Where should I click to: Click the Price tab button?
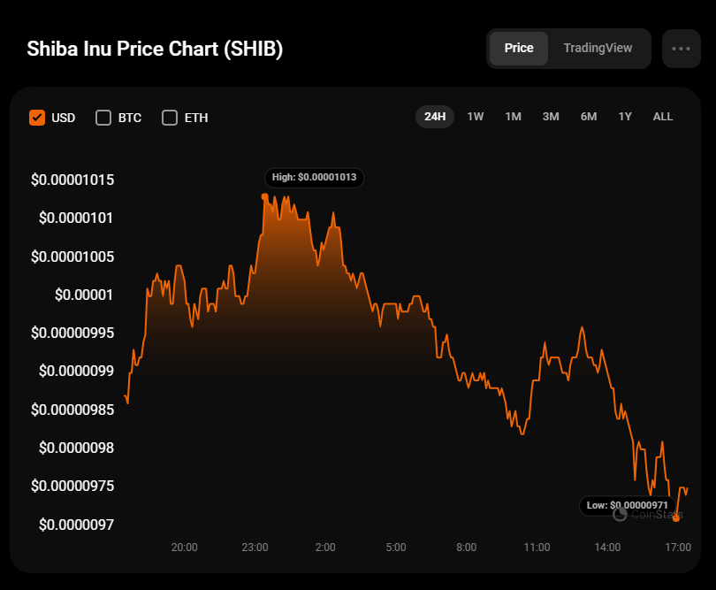[x=519, y=48]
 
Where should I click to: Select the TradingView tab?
[x=598, y=48]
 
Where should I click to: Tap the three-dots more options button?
[x=681, y=49]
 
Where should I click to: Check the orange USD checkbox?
[x=37, y=118]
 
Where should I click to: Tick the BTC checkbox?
[x=103, y=118]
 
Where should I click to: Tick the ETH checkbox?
[x=170, y=118]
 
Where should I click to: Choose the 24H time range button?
[x=435, y=117]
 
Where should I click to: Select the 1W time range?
[x=476, y=117]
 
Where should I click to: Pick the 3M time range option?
[x=551, y=117]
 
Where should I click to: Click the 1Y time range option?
[x=625, y=117]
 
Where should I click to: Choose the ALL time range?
[x=663, y=117]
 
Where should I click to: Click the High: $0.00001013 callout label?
[x=314, y=177]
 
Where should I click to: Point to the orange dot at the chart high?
[x=265, y=197]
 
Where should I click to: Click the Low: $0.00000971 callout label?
[x=628, y=505]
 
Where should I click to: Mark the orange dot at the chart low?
[x=676, y=518]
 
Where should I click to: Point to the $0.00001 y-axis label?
[x=84, y=295]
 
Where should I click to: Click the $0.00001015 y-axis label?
[x=72, y=180]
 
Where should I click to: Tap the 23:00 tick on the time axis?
[x=255, y=547]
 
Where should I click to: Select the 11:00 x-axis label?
[x=537, y=547]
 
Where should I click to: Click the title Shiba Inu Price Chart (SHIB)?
[x=155, y=49]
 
